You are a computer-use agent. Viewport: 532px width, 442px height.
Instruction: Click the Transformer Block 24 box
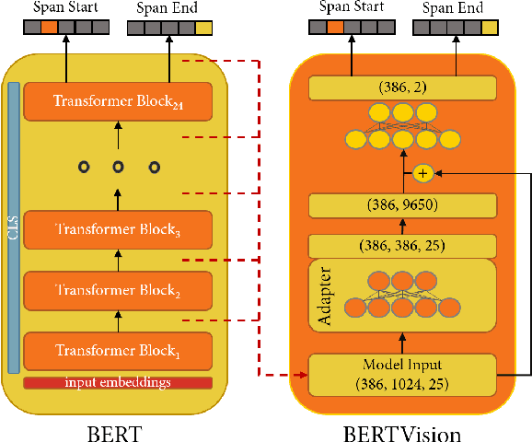pos(118,101)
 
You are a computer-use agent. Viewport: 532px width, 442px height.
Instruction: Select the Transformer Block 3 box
pos(118,228)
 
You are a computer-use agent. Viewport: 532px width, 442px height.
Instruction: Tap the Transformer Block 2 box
pos(118,290)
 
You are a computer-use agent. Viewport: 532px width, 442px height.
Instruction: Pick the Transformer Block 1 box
pos(118,350)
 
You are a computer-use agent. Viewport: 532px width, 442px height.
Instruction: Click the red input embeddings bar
pos(118,382)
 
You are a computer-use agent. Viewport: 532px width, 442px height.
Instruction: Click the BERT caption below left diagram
pos(116,429)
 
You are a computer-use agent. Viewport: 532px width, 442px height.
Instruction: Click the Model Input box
pos(402,374)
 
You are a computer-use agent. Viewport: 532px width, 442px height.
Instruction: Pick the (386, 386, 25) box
pos(402,246)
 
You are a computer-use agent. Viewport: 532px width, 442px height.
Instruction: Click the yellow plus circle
pos(422,173)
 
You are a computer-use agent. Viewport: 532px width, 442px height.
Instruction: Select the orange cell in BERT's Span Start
pos(49,28)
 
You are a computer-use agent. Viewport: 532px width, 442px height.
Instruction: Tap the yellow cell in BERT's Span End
pos(202,28)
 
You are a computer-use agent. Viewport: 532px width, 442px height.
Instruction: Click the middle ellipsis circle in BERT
pos(118,167)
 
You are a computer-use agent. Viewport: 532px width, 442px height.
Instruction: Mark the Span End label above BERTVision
pos(452,7)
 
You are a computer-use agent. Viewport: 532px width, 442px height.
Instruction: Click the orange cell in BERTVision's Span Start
pos(335,28)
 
